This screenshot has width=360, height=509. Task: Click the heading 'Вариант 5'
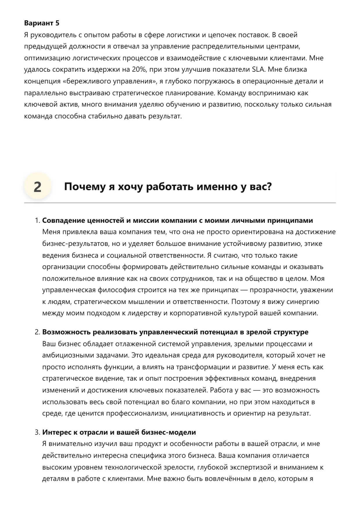[42, 23]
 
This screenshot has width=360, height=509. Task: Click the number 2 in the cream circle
[37, 187]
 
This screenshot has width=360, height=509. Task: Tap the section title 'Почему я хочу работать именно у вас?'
[168, 186]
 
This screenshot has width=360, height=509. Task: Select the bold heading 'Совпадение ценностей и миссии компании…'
[178, 220]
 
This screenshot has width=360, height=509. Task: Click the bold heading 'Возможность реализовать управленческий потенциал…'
[175, 332]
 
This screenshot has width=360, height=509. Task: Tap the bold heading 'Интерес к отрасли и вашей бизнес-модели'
[119, 432]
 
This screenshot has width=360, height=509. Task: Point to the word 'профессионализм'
[137, 413]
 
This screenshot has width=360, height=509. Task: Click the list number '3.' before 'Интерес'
[37, 432]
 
